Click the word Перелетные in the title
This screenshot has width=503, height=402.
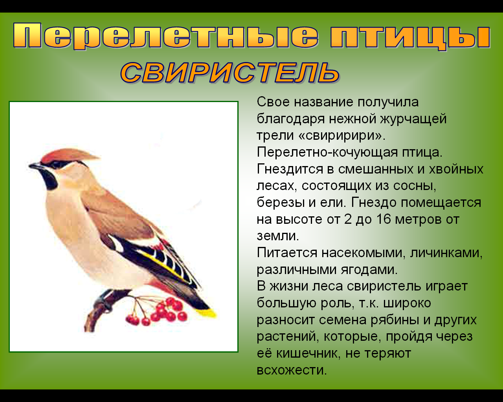click(165, 36)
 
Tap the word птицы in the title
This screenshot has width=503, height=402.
click(410, 37)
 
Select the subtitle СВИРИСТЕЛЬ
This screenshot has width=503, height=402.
click(230, 73)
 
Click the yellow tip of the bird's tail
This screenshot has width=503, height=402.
click(207, 313)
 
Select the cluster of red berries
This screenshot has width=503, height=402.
click(159, 312)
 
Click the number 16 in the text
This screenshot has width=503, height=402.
click(384, 219)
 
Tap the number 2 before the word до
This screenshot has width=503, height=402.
click(347, 219)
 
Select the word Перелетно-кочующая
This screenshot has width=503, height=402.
click(327, 153)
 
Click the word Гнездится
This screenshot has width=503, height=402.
click(290, 169)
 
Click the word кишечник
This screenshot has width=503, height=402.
click(307, 353)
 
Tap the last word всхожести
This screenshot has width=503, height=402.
click(292, 371)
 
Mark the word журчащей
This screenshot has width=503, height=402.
click(413, 119)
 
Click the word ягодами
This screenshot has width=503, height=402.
click(369, 270)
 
